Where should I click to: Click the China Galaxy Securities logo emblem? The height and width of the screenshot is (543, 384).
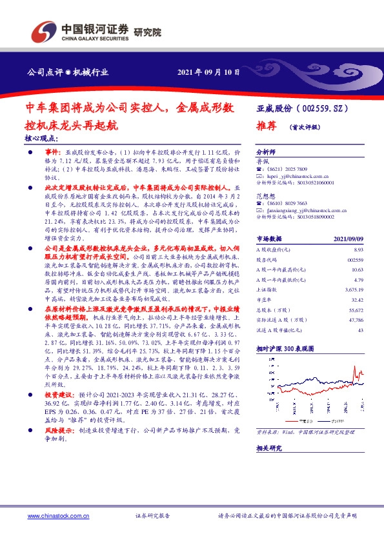point(45,32)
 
